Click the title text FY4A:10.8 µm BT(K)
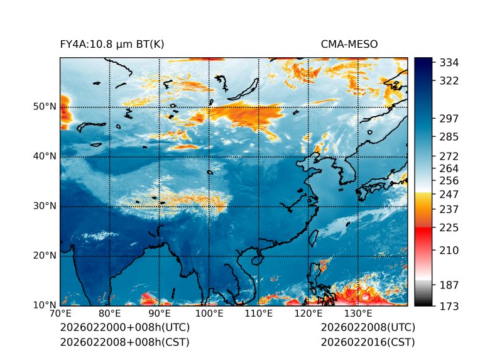[112, 44]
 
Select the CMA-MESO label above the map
[349, 44]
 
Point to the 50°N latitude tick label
[45, 107]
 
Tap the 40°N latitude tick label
[45, 156]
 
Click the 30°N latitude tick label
[45, 206]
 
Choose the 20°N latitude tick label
[45, 256]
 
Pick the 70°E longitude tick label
[60, 314]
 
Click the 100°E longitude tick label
[209, 314]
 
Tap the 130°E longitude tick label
[358, 314]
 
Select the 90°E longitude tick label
[160, 314]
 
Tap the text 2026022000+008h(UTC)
[124, 327]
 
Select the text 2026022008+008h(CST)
[124, 342]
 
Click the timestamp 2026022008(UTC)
[368, 327]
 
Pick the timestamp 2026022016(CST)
[368, 342]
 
